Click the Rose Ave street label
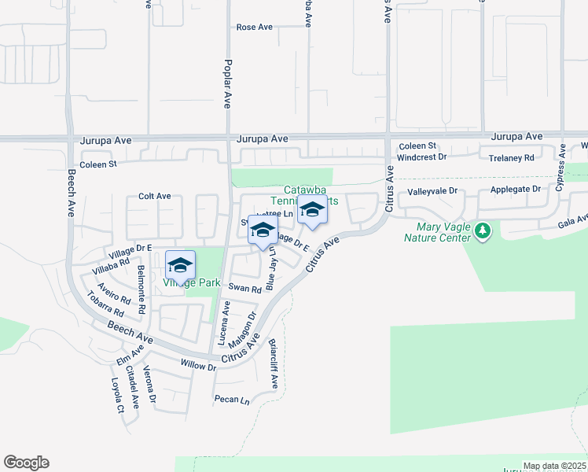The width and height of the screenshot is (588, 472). pyautogui.click(x=254, y=27)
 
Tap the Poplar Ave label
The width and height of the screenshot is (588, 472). pyautogui.click(x=228, y=83)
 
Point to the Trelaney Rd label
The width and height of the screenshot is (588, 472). pyautogui.click(x=511, y=157)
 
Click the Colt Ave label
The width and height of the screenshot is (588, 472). pyautogui.click(x=154, y=196)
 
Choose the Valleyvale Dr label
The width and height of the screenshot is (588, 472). pyautogui.click(x=432, y=191)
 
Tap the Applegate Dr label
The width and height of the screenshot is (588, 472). pyautogui.click(x=516, y=190)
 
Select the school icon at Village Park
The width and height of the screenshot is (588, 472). pyautogui.click(x=180, y=264)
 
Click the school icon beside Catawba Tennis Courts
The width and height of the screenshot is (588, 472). pyautogui.click(x=313, y=210)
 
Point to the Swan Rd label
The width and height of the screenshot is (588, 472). pyautogui.click(x=244, y=289)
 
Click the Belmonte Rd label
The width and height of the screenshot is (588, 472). pyautogui.click(x=141, y=289)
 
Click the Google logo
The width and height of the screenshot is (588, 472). pyautogui.click(x=26, y=463)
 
